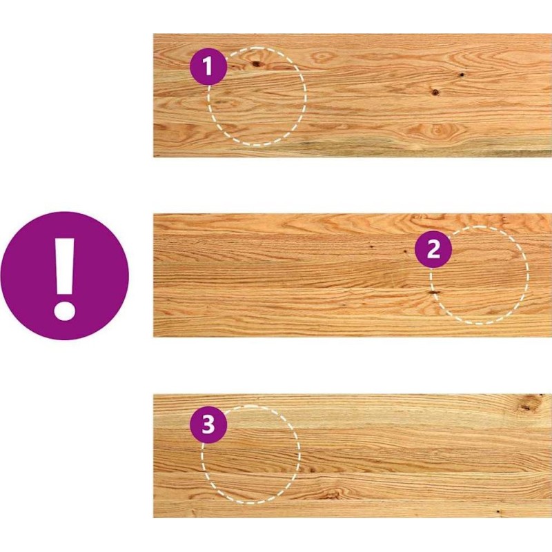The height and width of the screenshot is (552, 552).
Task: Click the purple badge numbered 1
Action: point(208,66)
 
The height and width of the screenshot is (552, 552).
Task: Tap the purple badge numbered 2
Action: point(433,249)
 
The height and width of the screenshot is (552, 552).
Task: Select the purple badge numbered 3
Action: point(208,424)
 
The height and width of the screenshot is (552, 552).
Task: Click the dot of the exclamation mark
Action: point(64,310)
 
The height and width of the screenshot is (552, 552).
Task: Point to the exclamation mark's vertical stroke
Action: point(65,266)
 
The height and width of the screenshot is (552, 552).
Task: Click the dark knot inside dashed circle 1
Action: point(257,63)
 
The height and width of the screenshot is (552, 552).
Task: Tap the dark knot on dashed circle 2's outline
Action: point(435,292)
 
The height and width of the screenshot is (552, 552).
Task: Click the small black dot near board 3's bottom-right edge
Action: point(497,511)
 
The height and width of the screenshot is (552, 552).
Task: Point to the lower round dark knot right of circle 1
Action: point(435,92)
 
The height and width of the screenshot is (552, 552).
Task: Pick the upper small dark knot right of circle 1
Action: point(460,75)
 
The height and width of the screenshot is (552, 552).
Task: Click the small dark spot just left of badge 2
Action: point(406,252)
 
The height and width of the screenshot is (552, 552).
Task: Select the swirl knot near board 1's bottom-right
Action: point(437,130)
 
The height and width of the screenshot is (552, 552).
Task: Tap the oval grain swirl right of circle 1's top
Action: point(322,57)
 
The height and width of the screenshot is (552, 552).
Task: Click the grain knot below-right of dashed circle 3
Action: point(331,494)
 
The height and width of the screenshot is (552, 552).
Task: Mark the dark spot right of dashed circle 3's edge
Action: point(311,470)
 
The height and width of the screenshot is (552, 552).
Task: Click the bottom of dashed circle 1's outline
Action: point(257,144)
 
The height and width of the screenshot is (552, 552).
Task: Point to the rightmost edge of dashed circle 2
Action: point(528,275)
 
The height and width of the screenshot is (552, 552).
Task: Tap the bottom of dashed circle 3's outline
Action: point(250,502)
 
